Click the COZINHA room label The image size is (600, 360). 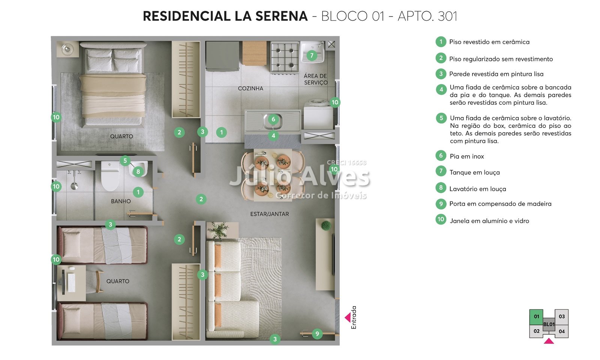250,88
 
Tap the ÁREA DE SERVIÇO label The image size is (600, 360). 315,79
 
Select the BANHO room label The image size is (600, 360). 121,201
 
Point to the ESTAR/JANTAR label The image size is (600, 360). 270,214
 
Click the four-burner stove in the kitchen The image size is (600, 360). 285,57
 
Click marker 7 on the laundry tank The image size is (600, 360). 312,55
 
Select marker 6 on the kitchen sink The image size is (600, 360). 273,119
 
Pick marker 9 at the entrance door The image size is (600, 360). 317,334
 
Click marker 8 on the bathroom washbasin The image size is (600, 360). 138,171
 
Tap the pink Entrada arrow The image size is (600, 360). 348,317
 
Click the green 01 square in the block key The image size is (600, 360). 536,317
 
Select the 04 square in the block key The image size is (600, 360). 562,331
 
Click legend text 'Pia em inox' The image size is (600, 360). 467,156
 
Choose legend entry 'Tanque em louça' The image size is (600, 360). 475,172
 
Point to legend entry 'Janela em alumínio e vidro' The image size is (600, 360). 489,221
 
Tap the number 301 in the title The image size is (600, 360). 448,16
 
